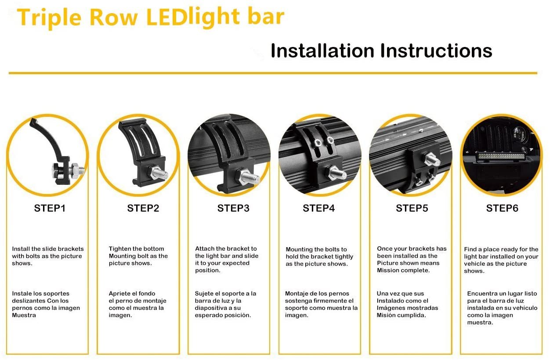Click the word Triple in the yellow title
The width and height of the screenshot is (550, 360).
point(49,18)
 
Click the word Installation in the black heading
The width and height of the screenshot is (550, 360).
point(322,50)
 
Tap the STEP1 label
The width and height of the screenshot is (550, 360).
point(50,209)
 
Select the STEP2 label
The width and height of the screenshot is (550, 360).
point(143,209)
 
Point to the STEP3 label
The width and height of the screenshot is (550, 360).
point(233,209)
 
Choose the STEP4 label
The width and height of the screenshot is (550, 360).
point(318,209)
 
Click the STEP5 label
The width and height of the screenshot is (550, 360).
point(412,209)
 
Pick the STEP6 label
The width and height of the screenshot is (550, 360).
point(502,209)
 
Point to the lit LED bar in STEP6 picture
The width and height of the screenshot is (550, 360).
point(501,156)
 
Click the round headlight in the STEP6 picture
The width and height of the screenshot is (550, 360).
point(519,134)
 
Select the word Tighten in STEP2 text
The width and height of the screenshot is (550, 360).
point(119,248)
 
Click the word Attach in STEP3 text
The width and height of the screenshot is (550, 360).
point(204,248)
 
